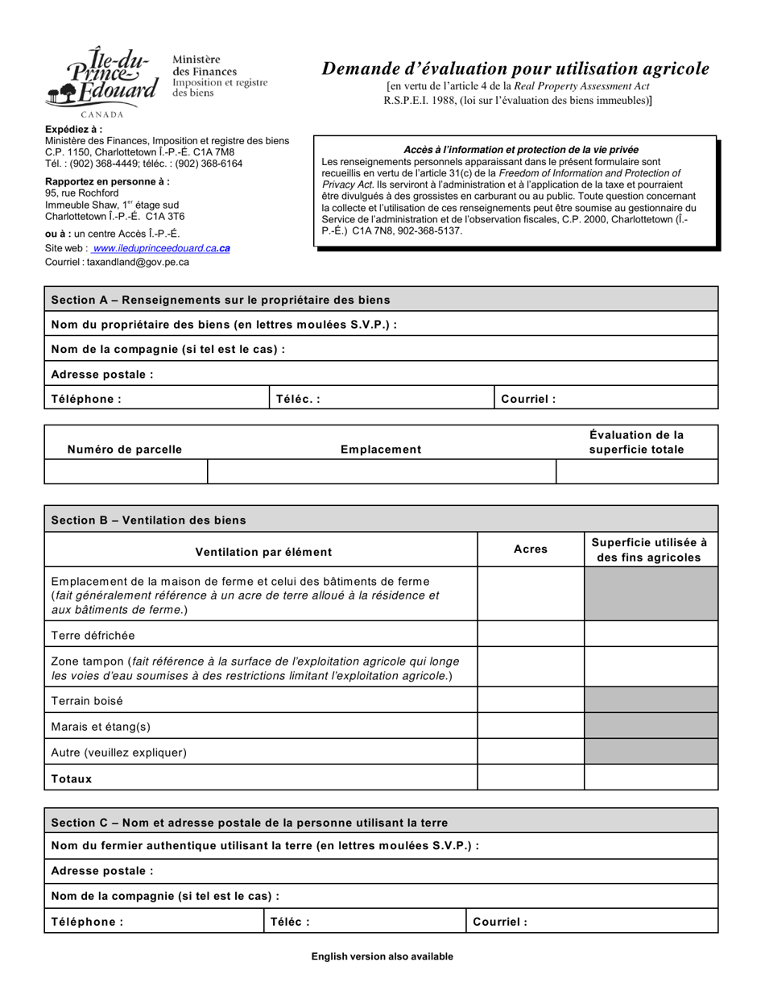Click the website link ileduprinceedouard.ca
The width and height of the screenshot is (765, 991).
[x=161, y=248]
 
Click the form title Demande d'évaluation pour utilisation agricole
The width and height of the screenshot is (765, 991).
[x=515, y=69]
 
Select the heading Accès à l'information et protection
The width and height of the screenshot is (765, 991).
[x=521, y=150]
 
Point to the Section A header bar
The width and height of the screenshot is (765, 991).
[x=381, y=300]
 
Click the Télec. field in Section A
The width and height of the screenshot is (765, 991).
[x=381, y=399]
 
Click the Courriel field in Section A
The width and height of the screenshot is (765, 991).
[x=606, y=399]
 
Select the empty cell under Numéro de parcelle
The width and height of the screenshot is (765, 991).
[x=126, y=471]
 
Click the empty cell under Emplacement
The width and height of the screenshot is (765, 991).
[x=381, y=471]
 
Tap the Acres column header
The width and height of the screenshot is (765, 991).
[x=530, y=549]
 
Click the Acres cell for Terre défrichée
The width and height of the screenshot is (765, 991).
[x=530, y=635]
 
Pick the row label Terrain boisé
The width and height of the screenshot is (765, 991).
[x=87, y=701]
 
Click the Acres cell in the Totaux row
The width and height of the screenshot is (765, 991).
[x=530, y=778]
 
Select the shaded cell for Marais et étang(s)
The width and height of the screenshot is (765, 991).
[x=651, y=727]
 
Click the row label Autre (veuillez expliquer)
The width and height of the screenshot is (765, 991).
[x=118, y=753]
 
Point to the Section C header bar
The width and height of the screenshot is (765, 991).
[x=381, y=823]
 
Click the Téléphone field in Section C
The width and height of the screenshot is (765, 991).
[x=154, y=922]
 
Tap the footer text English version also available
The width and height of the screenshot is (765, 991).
[x=382, y=957]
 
